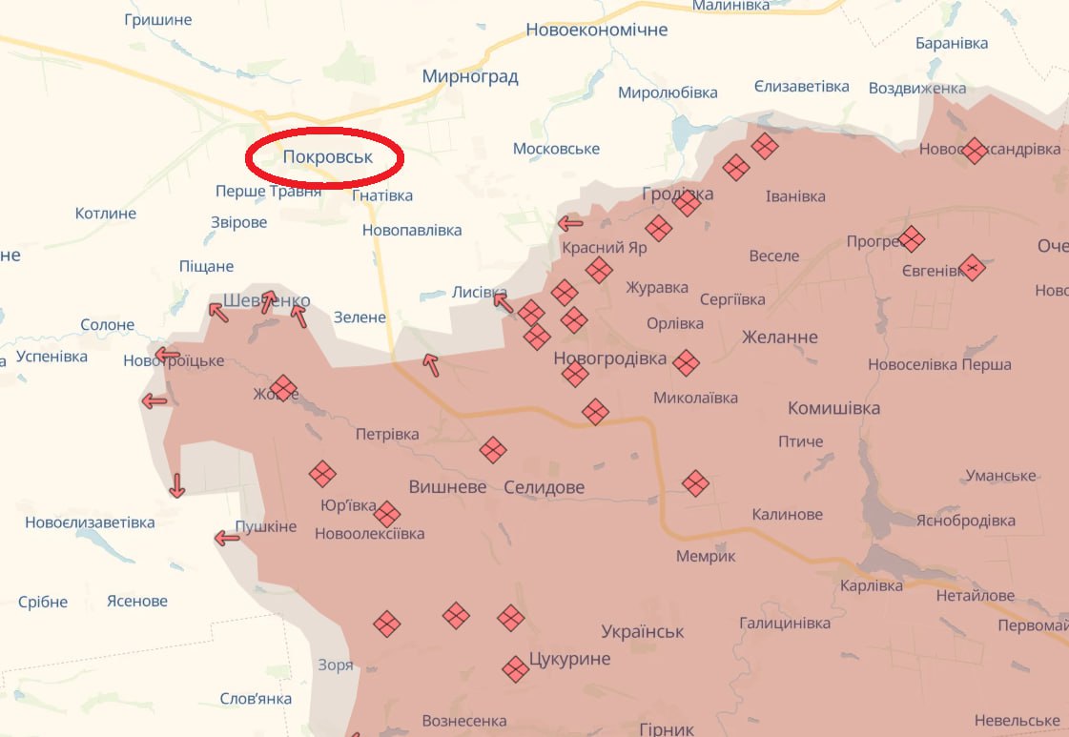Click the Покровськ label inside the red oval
pos(327,156)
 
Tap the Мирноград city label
pos(470,77)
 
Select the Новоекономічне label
pos(597,31)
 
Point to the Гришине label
pos(157,20)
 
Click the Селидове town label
pos(544,487)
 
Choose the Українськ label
pos(643,631)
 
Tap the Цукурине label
pos(569,659)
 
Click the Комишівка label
pos(833,408)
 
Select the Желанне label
pos(780,338)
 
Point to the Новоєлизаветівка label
pos(90,522)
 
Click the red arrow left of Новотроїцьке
pos(168,356)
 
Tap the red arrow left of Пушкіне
pos(227,539)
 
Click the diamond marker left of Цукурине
pos(516,668)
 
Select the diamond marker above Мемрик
pos(696,483)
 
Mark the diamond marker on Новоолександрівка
pos(974,151)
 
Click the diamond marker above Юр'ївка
pos(322,474)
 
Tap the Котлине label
pos(106,214)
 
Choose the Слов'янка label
pos(256,699)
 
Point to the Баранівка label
pos(951,43)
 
